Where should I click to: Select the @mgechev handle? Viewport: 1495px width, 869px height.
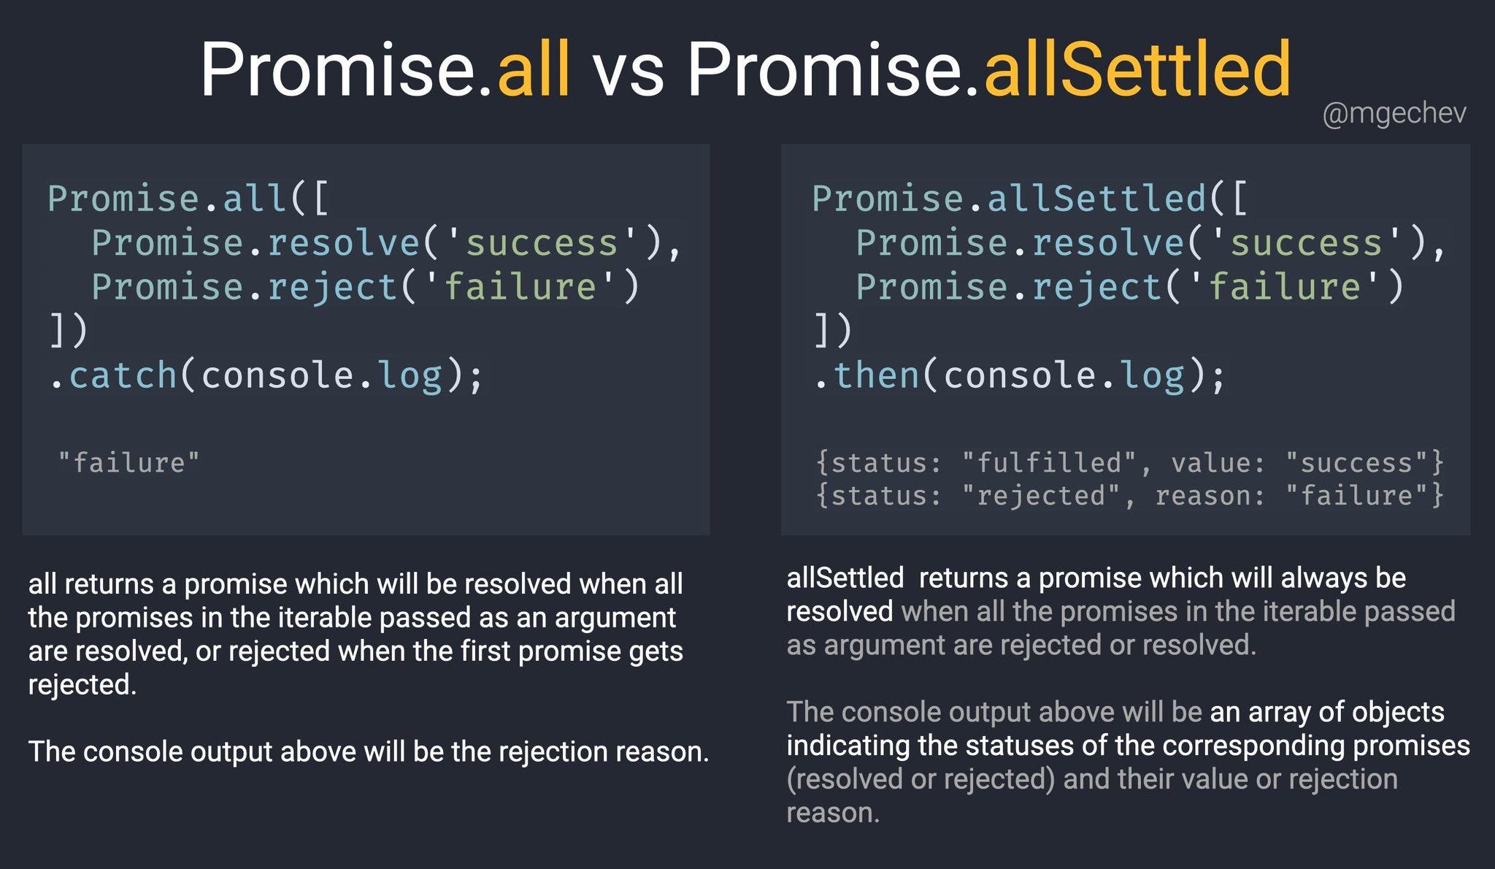pos(1394,113)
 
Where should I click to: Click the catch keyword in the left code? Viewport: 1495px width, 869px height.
pos(123,375)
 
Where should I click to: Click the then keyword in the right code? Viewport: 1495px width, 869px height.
pos(876,375)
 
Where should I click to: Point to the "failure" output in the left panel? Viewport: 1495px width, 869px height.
pos(128,462)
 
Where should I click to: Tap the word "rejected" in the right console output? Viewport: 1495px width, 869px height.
pos(1040,495)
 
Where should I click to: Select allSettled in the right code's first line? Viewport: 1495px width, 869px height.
pos(1096,199)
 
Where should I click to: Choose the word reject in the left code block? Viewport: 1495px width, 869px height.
pos(332,286)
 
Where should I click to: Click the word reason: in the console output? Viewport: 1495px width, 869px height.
pos(1210,496)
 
